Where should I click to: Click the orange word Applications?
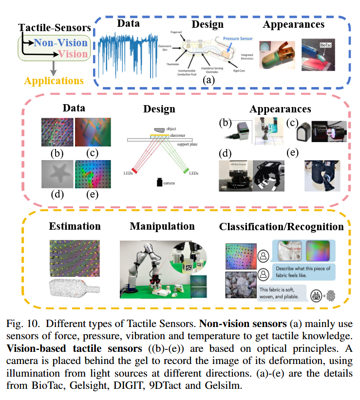click(x=54, y=80)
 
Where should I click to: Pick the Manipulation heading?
click(x=162, y=226)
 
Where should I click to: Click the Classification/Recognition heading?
click(x=281, y=227)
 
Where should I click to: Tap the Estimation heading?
click(x=75, y=226)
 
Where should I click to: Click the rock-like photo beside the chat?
click(x=239, y=285)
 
